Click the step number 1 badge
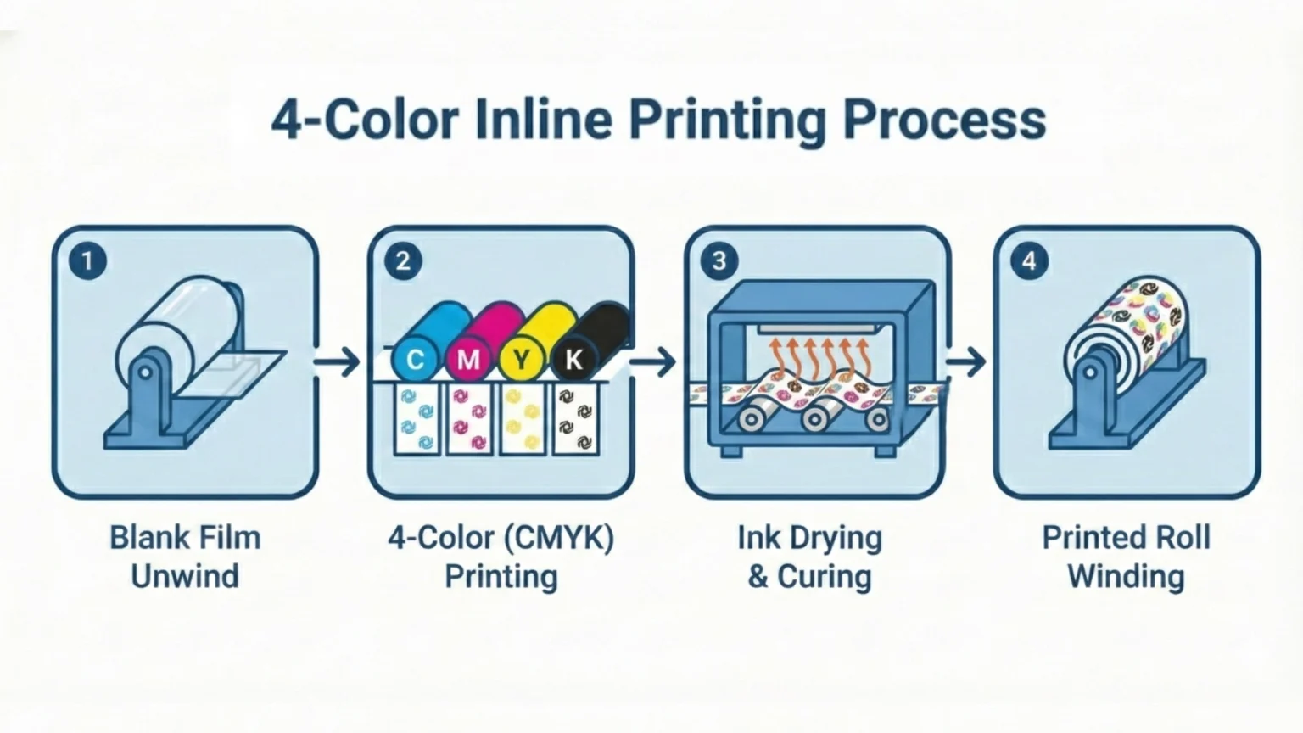[x=87, y=260]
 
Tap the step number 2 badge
[x=403, y=260]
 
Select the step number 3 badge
[x=719, y=260]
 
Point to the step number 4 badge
[x=1028, y=260]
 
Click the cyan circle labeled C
[x=415, y=360]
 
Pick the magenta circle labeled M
[x=467, y=360]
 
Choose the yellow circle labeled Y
[x=521, y=360]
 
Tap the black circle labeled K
[x=573, y=360]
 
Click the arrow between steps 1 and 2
[x=338, y=363]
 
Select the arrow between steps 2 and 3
[x=653, y=363]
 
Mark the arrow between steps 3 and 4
[x=966, y=363]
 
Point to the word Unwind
[x=185, y=576]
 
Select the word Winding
[x=1126, y=576]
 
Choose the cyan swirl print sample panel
[x=417, y=419]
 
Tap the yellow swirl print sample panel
[x=523, y=419]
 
